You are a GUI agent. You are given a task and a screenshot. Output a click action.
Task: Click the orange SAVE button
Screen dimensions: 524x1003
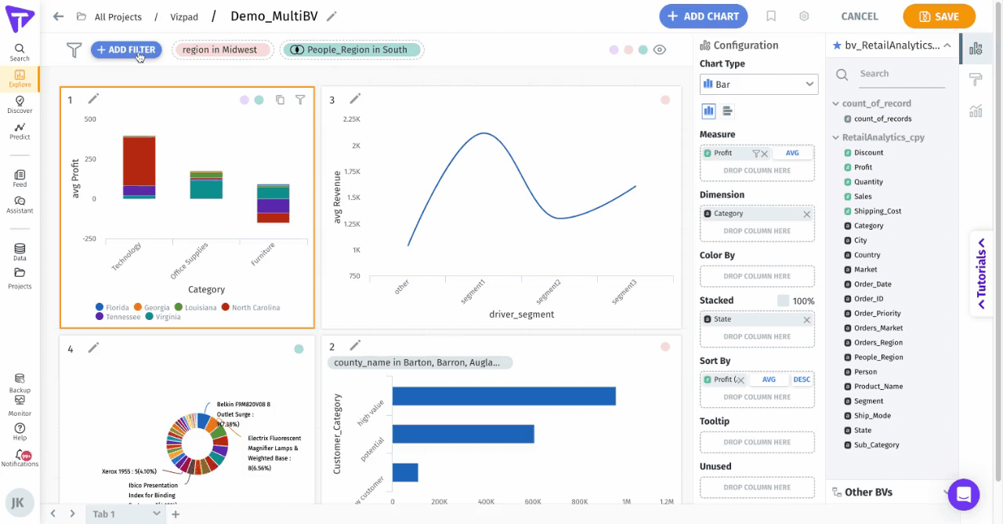(x=939, y=16)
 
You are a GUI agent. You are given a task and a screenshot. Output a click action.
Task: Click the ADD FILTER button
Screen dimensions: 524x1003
(x=126, y=50)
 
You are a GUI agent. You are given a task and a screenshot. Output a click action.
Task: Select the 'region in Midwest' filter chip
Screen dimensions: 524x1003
(x=219, y=50)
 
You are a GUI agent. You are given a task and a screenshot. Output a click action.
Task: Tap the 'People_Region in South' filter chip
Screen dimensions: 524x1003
(x=351, y=50)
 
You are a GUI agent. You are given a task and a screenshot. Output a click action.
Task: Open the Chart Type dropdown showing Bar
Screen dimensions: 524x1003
(x=759, y=84)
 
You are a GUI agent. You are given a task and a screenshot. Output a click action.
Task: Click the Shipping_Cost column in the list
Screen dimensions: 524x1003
(x=878, y=211)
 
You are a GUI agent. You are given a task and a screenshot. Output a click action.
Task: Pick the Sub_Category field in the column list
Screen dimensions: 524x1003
(x=876, y=445)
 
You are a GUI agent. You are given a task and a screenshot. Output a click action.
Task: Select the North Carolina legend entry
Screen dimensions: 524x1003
(x=251, y=307)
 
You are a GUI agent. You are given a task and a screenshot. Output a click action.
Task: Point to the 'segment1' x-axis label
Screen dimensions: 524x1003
(x=473, y=292)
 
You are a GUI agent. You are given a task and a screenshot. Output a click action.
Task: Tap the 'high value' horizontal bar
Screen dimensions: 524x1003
(x=503, y=396)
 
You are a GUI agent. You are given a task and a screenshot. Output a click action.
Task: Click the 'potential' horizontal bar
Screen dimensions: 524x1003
(x=462, y=434)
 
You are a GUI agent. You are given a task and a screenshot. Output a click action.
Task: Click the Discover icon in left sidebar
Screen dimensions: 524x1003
(x=20, y=104)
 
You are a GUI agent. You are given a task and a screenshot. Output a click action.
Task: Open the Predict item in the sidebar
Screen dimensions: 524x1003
(x=20, y=130)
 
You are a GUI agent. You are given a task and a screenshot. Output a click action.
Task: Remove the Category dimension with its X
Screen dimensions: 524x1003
(x=806, y=214)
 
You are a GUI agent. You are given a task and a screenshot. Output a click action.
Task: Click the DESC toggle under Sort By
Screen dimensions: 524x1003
(x=802, y=380)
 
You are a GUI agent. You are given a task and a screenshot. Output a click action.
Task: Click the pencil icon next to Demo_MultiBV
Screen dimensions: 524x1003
(x=331, y=16)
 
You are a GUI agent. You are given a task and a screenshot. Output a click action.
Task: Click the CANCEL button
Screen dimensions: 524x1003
(x=859, y=16)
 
